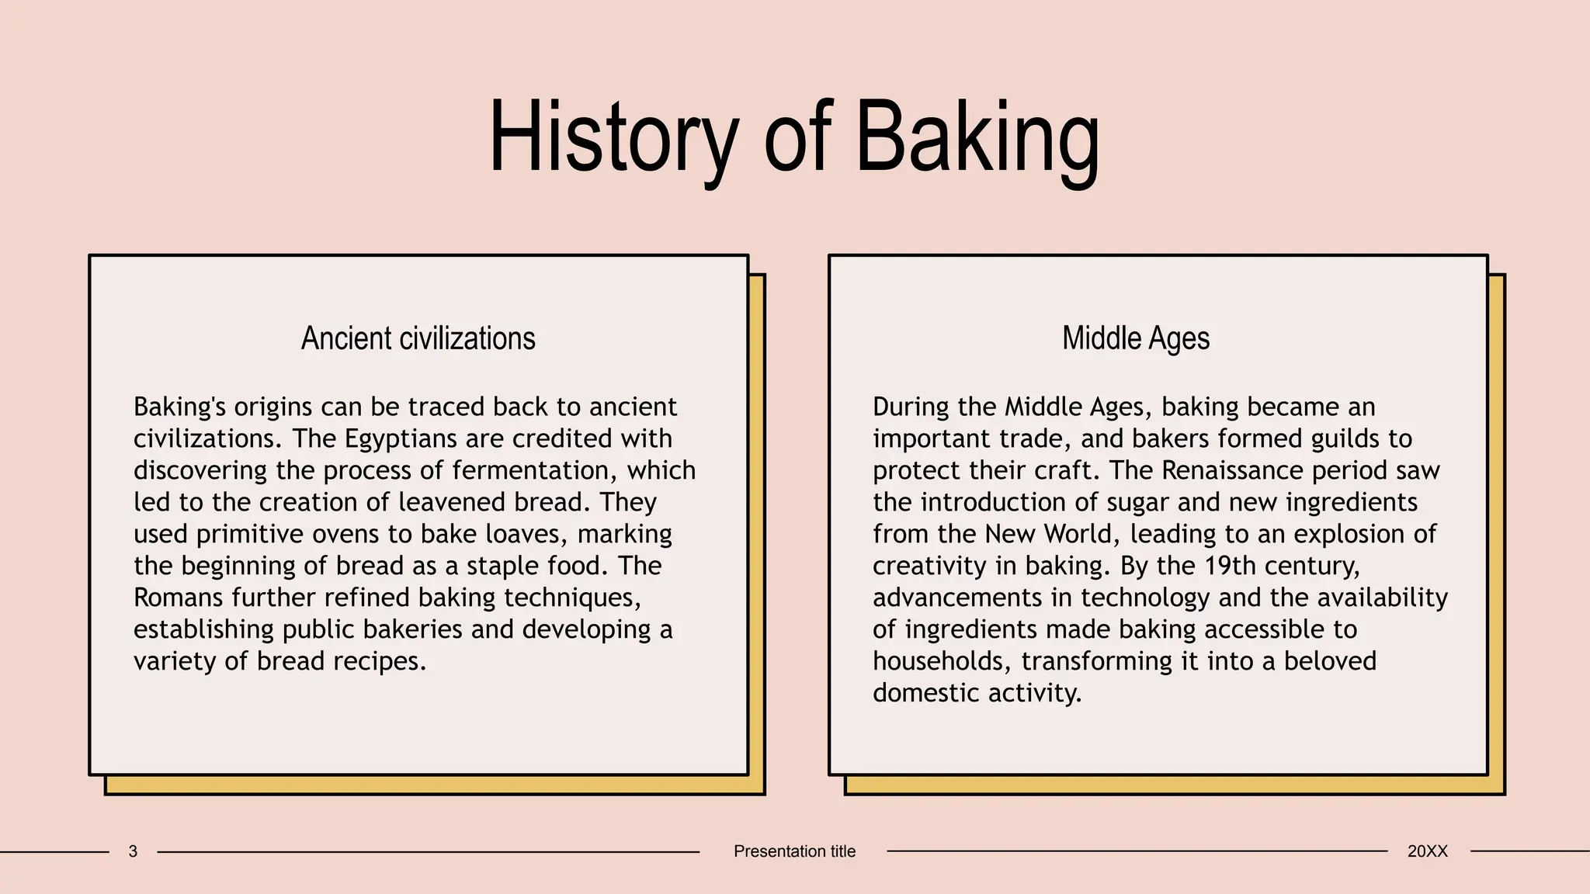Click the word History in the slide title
[x=613, y=138]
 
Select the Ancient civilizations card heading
[x=418, y=338]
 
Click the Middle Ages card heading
[x=1136, y=338]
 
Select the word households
[x=943, y=661]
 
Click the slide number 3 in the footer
[x=133, y=851]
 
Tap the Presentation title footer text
[x=794, y=851]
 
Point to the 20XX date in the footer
[x=1427, y=851]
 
